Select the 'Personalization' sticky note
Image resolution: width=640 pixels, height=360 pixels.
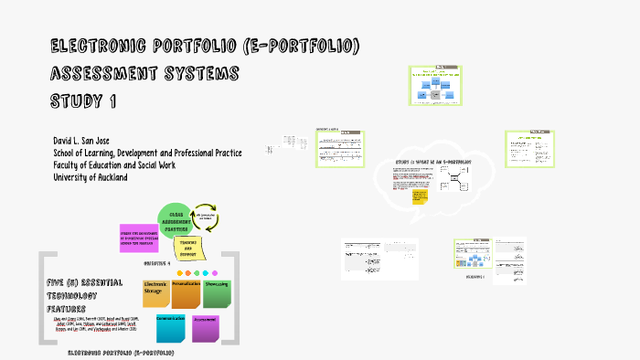186,293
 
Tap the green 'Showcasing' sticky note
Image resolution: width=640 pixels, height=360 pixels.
217,293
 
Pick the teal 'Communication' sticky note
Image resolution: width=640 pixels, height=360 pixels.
172,327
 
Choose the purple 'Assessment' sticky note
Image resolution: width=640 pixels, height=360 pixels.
206,327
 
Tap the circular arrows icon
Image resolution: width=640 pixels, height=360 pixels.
208,218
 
